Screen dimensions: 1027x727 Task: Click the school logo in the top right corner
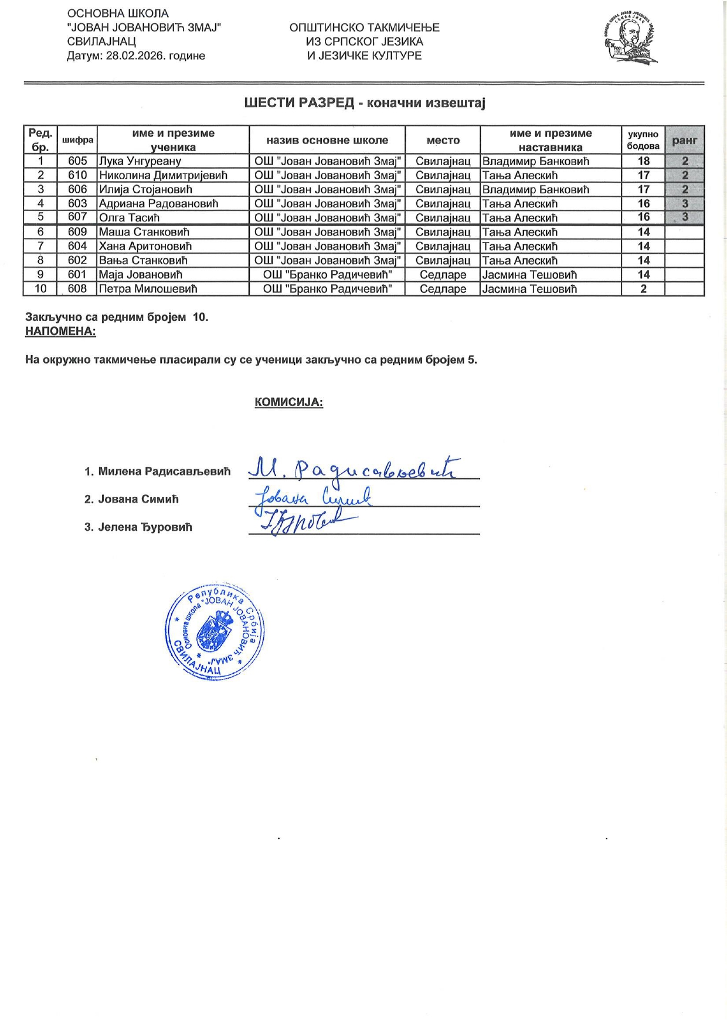(x=629, y=39)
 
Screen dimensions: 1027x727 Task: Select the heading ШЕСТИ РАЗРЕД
(x=299, y=104)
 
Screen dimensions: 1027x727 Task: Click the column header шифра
(x=77, y=141)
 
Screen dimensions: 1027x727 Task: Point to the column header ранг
(x=684, y=141)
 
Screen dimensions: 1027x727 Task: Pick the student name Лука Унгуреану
(x=140, y=161)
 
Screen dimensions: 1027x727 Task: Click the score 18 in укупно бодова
(x=643, y=161)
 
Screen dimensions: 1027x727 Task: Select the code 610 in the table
(x=77, y=175)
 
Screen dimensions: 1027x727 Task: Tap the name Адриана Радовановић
(x=158, y=204)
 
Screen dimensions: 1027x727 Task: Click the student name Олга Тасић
(x=129, y=218)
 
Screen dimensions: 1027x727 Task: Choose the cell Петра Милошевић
(x=148, y=289)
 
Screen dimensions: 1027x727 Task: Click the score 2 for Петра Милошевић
(x=643, y=289)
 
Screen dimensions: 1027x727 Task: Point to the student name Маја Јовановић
(x=141, y=275)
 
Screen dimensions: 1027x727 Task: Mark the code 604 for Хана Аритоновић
(x=77, y=246)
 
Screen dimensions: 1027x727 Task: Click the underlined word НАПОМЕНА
(x=60, y=332)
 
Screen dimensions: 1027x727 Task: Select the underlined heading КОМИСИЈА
(x=288, y=402)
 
